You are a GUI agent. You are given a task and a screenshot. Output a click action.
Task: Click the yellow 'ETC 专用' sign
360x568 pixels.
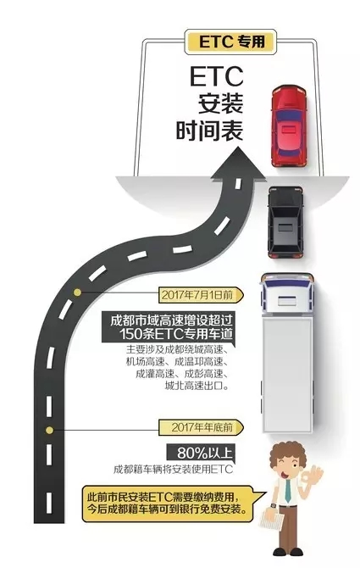(x=230, y=42)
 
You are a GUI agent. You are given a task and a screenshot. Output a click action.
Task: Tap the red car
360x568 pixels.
(x=289, y=126)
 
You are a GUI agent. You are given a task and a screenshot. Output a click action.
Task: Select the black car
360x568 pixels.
(x=285, y=222)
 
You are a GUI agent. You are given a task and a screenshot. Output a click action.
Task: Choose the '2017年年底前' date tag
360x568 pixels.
(x=202, y=427)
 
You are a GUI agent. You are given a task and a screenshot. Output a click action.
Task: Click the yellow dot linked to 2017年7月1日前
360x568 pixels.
(x=77, y=292)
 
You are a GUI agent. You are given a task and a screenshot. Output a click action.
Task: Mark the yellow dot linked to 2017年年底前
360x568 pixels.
(x=50, y=430)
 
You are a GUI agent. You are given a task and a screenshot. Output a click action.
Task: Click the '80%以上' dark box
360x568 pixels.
(x=201, y=453)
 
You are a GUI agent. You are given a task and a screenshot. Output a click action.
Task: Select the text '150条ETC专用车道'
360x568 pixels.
(x=176, y=334)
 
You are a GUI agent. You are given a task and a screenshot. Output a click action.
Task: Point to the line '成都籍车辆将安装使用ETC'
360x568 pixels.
(x=174, y=470)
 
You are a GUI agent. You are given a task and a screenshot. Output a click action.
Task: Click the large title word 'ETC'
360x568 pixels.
(x=216, y=77)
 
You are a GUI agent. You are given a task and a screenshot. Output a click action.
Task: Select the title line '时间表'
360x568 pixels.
(x=209, y=131)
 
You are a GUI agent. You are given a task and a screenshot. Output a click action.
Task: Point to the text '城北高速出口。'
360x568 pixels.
(x=197, y=386)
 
